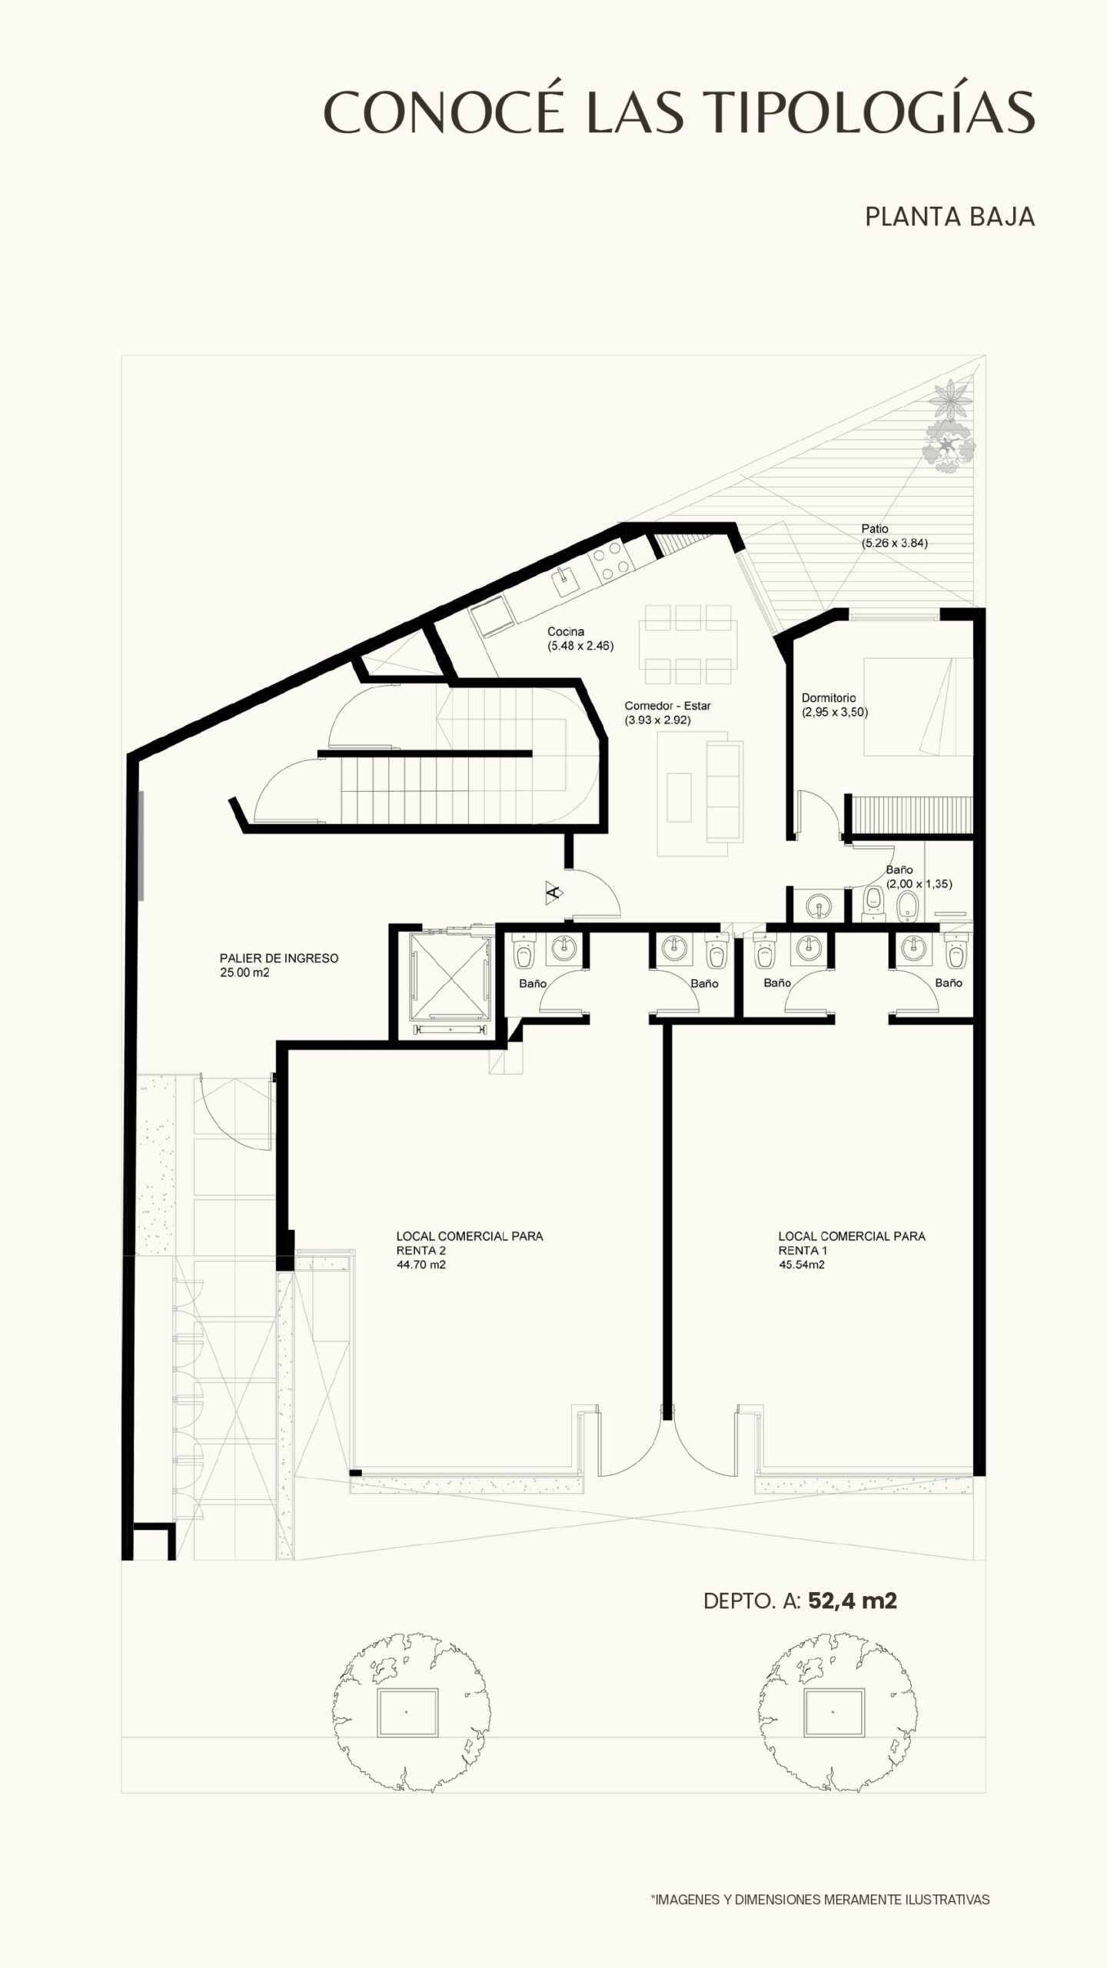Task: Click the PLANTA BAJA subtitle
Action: click(x=949, y=217)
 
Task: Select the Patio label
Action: click(x=875, y=529)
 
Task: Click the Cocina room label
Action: click(x=566, y=632)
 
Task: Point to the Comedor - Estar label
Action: click(x=667, y=706)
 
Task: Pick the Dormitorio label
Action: click(x=829, y=698)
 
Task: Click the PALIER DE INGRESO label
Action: click(x=279, y=959)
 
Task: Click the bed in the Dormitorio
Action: click(x=918, y=706)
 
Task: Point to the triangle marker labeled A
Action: click(x=553, y=892)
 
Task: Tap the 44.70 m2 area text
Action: click(x=421, y=1264)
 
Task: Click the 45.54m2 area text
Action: click(x=802, y=1264)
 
